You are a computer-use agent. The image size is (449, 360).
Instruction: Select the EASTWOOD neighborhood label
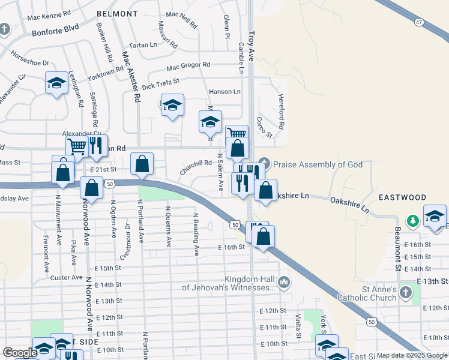pyautogui.click(x=402, y=197)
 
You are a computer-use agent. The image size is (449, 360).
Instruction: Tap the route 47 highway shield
pyautogui.click(x=418, y=22)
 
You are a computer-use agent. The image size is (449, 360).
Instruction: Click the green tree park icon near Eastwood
pyautogui.click(x=413, y=221)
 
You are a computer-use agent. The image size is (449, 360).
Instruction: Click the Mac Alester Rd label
pyautogui.click(x=131, y=74)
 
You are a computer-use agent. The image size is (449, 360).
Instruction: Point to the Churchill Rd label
pyautogui.click(x=196, y=167)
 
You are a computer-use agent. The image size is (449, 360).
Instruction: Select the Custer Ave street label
pyautogui.click(x=67, y=277)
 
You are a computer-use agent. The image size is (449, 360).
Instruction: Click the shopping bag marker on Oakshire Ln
pyautogui.click(x=265, y=190)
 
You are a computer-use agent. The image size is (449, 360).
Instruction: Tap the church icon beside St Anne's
pyautogui.click(x=406, y=293)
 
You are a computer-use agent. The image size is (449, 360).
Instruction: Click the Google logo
pyautogui.click(x=20, y=353)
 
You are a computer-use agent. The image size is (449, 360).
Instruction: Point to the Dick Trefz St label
pyautogui.click(x=161, y=83)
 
